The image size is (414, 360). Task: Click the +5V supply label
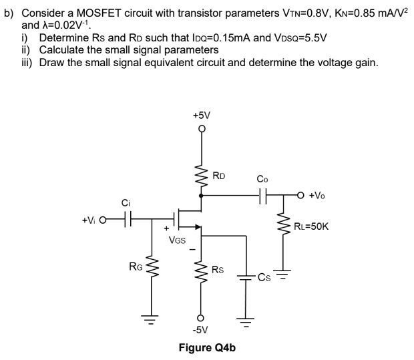pos(201,115)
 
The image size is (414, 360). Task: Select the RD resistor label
pos(219,176)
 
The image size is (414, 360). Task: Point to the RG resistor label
pos(135,268)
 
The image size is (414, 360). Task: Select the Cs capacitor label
pos(265,278)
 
